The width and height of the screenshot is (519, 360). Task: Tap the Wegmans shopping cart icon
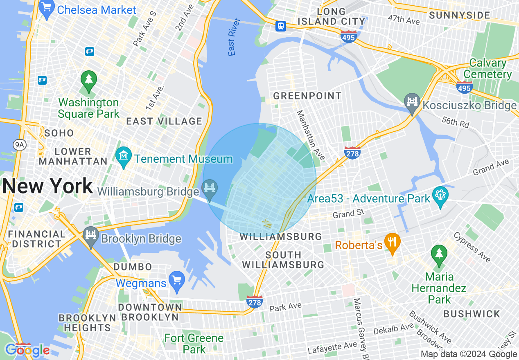177,281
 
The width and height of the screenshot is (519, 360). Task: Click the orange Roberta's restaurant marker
393,243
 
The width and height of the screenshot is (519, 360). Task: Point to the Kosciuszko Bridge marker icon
412,103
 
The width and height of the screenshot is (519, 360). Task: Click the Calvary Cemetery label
487,69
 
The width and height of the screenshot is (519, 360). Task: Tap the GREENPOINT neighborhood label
307,96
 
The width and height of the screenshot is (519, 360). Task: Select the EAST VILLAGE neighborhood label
164,121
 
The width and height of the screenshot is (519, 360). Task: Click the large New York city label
47,187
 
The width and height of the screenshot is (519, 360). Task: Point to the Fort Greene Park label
194,344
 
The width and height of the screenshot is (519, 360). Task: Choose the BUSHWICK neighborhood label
472,314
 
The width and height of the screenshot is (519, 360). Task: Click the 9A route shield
19,144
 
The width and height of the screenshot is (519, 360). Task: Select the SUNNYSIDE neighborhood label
459,16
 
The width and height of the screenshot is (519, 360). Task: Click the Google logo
27,350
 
